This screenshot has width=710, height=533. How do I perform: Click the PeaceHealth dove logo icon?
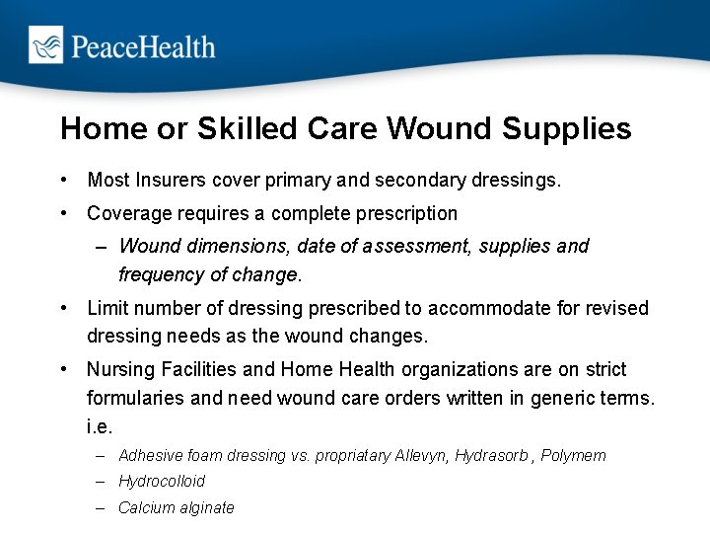pyautogui.click(x=45, y=44)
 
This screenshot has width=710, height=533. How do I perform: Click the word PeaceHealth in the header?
pyautogui.click(x=142, y=45)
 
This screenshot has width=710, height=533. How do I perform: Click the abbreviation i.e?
pyautogui.click(x=100, y=427)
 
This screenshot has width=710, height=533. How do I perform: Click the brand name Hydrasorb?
pyautogui.click(x=490, y=456)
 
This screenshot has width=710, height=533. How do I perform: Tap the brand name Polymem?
pyautogui.click(x=573, y=456)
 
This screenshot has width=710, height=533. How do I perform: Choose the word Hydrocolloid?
pyautogui.click(x=162, y=482)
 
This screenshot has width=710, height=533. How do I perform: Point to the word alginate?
pyautogui.click(x=206, y=507)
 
